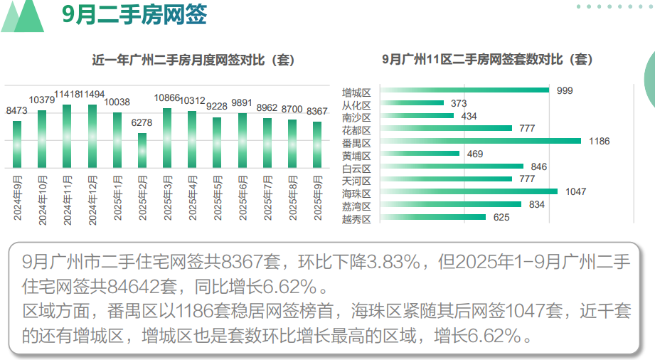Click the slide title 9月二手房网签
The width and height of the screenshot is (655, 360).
point(134,16)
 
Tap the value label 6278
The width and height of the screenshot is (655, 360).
point(142,123)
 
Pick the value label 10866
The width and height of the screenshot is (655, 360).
point(167,97)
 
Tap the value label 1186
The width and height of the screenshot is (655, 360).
point(599,142)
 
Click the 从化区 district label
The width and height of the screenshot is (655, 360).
point(356,104)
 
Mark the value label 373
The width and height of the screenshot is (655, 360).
point(459,104)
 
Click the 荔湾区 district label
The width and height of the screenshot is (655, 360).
point(356,206)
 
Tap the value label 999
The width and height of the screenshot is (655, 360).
point(565,91)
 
